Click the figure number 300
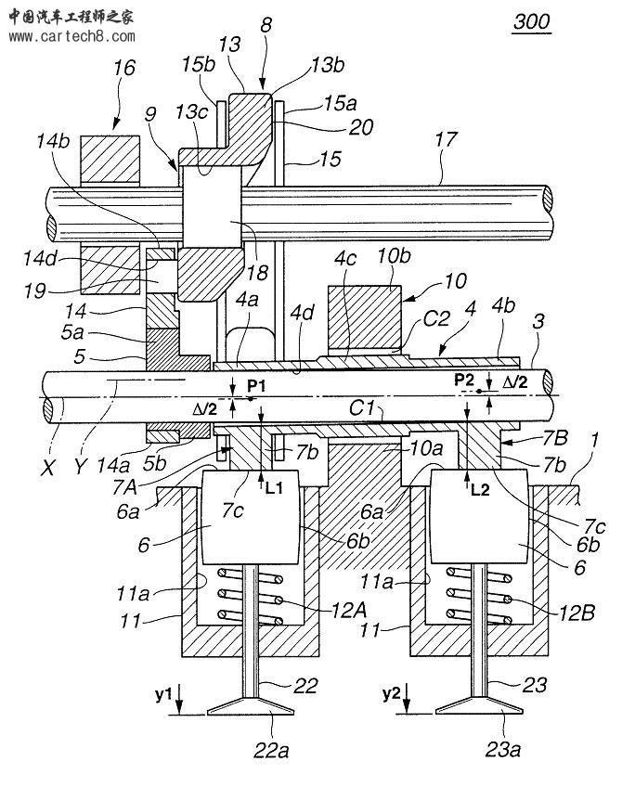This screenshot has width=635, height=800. click(531, 21)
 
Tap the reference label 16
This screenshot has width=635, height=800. click(124, 70)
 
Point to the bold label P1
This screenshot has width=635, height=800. click(255, 385)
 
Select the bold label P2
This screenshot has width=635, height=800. click(464, 380)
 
